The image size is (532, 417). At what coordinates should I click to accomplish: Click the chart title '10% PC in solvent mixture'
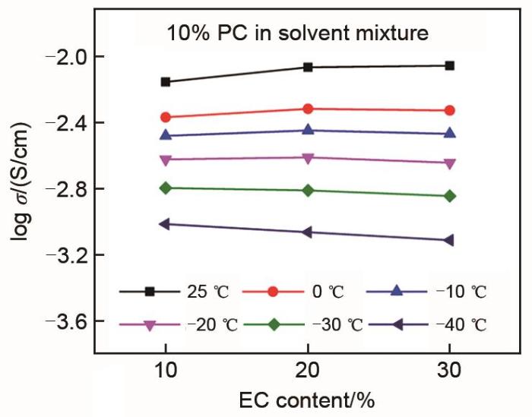click(x=299, y=33)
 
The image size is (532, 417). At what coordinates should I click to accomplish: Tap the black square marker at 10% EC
click(x=166, y=81)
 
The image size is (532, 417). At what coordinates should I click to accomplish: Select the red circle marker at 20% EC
click(x=308, y=109)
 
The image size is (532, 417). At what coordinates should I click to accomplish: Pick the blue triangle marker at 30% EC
click(x=450, y=133)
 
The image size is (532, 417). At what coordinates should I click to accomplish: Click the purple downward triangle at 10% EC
click(x=166, y=160)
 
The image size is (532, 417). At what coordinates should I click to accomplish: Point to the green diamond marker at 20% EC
click(x=308, y=190)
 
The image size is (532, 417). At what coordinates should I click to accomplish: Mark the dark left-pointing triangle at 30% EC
click(x=450, y=240)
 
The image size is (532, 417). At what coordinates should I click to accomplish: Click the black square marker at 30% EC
click(x=450, y=65)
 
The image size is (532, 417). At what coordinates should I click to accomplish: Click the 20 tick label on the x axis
click(x=308, y=371)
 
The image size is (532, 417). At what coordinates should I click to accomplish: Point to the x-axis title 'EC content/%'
click(x=308, y=400)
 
